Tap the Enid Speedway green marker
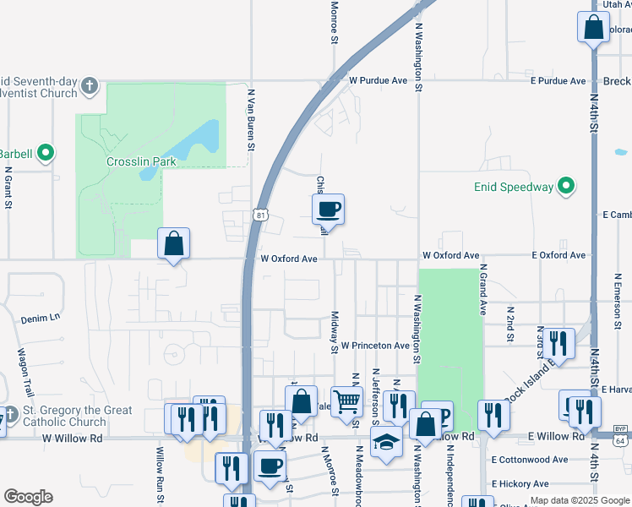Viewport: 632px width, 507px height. (569, 187)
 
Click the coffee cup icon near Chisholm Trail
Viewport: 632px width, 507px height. (328, 208)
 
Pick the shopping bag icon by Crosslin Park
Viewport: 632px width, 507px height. (173, 243)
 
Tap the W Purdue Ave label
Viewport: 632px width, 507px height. (378, 81)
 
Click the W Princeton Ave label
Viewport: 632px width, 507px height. (375, 346)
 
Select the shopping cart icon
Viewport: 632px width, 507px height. (346, 401)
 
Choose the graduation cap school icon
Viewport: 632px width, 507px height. (386, 442)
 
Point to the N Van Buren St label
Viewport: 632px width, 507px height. (251, 117)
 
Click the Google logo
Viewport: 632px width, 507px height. (28, 497)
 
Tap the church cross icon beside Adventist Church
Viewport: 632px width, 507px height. (90, 86)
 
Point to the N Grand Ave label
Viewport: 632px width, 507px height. (483, 289)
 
